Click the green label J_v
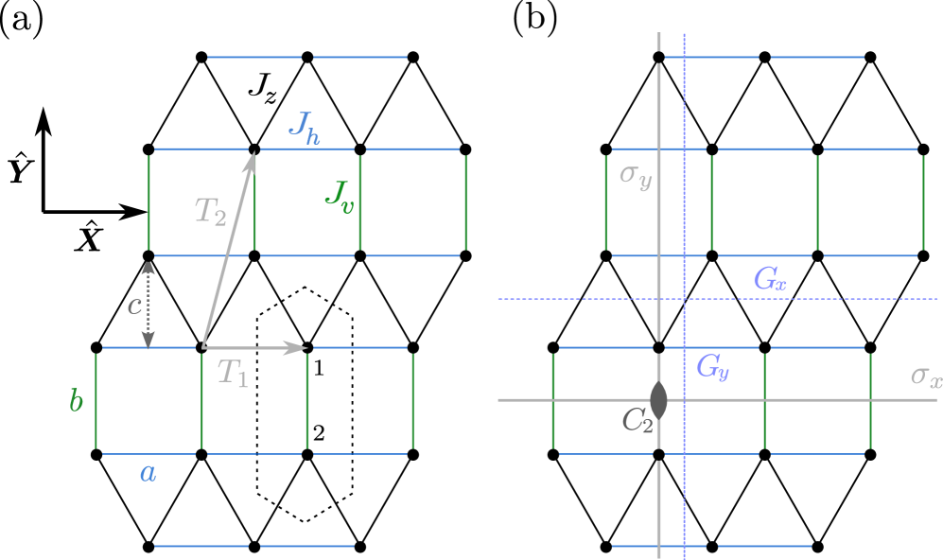(339, 196)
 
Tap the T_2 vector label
(210, 210)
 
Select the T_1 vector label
(233, 373)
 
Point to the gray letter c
(134, 305)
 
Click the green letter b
(76, 400)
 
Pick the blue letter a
(148, 472)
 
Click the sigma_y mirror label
(635, 175)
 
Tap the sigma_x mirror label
(925, 376)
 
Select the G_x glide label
(769, 278)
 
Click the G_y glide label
(712, 366)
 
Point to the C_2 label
(637, 420)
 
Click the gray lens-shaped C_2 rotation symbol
(658, 399)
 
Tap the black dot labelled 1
(307, 347)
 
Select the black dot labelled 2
(307, 455)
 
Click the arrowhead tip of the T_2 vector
(253, 153)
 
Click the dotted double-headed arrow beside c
(148, 305)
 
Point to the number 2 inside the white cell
(319, 433)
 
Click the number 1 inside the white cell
(319, 368)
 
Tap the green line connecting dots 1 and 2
(307, 402)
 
